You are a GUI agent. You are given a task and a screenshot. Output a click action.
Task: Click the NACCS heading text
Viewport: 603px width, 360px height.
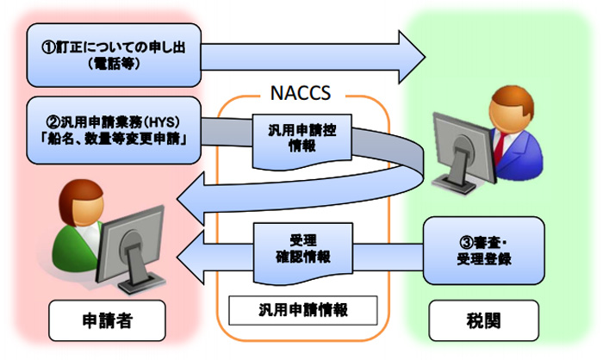point(301,93)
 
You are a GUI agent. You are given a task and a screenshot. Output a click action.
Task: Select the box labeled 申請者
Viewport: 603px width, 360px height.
point(108,320)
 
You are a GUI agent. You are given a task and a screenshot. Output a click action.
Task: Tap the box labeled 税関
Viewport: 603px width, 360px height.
point(484,320)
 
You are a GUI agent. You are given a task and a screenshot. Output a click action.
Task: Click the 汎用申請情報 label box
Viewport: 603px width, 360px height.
point(303,310)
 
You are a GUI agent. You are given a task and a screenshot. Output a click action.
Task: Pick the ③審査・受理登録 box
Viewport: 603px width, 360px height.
point(484,251)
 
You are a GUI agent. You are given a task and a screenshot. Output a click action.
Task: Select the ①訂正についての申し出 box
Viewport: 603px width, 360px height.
point(114,55)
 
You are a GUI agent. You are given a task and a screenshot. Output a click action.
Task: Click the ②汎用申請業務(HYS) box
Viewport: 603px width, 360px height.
point(114,130)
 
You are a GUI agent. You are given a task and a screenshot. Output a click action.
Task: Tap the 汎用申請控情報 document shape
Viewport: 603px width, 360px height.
point(302,141)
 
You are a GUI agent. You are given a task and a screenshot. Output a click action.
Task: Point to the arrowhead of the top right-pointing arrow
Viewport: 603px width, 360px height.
point(412,58)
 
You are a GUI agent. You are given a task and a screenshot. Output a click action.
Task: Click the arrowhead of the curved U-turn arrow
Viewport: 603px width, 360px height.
point(190,198)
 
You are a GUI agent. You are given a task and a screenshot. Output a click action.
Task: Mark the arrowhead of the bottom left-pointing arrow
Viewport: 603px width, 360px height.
point(190,258)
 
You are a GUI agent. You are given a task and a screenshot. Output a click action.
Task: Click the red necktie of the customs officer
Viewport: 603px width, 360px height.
point(500,147)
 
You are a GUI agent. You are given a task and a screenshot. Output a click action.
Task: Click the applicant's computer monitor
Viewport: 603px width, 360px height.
point(129,249)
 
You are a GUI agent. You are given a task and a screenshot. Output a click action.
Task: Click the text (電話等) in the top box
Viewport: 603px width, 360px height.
point(114,64)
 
